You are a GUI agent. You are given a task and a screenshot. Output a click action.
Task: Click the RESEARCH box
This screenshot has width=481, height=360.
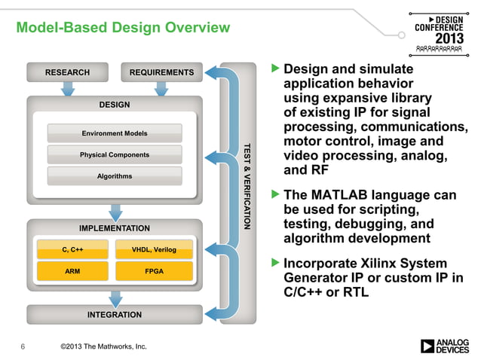[x=67, y=72]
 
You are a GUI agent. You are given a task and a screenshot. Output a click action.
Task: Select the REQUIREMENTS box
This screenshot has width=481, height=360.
[x=161, y=72]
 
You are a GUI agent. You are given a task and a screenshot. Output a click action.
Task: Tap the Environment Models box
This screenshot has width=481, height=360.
[x=115, y=133]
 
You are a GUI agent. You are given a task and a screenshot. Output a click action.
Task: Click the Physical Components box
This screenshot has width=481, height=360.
[x=115, y=155]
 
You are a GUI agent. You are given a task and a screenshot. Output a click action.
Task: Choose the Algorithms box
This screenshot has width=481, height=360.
[x=115, y=176]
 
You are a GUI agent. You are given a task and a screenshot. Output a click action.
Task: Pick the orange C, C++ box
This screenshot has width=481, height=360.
[x=72, y=249]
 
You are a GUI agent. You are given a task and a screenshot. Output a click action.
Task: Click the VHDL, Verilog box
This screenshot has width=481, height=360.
[x=154, y=249]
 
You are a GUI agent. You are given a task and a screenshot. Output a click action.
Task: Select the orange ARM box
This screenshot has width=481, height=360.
[x=72, y=270]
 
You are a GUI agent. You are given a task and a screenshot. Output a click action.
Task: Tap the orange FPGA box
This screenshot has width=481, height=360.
[x=154, y=270]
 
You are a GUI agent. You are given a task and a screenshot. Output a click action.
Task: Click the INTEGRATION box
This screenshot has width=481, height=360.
[x=115, y=315]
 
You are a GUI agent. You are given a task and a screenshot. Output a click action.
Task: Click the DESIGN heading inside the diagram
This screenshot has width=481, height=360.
[x=115, y=105]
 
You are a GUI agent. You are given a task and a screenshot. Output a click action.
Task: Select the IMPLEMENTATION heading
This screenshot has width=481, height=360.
[x=115, y=228]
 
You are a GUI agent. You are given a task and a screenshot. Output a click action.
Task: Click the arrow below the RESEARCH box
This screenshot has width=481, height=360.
[x=67, y=88]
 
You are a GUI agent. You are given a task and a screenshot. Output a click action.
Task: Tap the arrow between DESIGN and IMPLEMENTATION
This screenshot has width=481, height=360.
[x=115, y=212]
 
